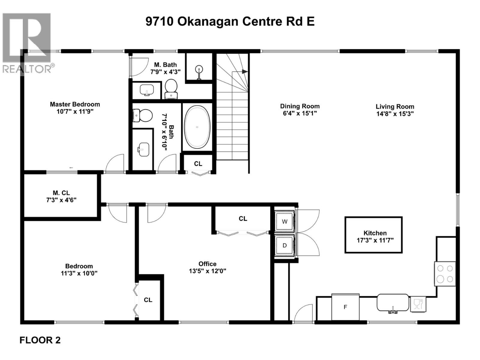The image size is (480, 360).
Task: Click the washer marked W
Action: [x=284, y=222]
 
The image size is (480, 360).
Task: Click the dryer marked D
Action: [x=284, y=245]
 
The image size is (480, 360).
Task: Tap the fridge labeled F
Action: [x=345, y=307]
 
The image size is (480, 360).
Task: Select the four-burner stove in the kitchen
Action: [x=445, y=274]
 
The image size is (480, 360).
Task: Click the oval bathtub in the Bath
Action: [x=197, y=127]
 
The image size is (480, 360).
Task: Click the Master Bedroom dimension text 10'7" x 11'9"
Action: [x=75, y=112]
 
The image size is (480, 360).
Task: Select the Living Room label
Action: [x=395, y=106]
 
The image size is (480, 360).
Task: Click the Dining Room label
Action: [x=300, y=106]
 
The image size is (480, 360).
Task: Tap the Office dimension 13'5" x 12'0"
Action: [x=207, y=271]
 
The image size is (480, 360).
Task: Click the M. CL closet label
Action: [x=61, y=193]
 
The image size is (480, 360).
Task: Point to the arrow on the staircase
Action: [x=244, y=72]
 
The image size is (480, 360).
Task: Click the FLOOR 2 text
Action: [x=40, y=340]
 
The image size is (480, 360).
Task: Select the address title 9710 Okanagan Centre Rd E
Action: [x=230, y=22]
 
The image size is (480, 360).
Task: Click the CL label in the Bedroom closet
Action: [x=148, y=300]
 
